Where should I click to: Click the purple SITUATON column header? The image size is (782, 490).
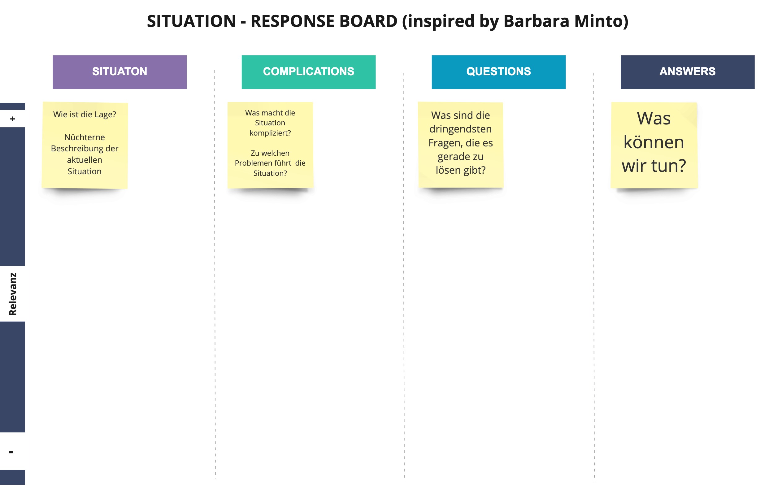(x=119, y=72)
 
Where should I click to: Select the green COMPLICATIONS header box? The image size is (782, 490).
(x=309, y=72)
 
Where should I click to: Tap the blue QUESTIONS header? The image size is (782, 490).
(x=498, y=72)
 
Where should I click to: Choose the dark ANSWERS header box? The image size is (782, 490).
(x=687, y=72)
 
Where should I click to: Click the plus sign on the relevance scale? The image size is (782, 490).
(x=13, y=119)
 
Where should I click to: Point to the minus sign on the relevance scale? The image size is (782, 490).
(x=11, y=452)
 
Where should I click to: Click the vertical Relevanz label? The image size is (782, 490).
(x=13, y=294)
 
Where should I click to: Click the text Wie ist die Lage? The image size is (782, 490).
(x=85, y=115)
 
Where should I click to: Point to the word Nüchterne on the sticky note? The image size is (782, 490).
(x=85, y=137)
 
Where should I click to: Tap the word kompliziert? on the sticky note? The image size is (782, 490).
(x=270, y=133)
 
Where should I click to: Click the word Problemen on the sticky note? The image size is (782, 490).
(x=255, y=163)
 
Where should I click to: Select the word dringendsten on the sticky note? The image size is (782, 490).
(x=461, y=129)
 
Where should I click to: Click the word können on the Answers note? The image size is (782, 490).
(x=654, y=142)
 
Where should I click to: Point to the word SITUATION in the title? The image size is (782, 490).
(x=192, y=21)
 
